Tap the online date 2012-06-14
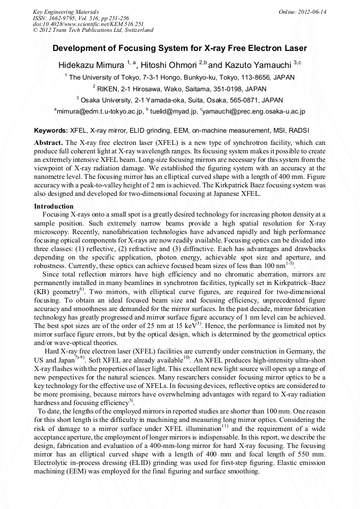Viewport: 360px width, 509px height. coord(303,11)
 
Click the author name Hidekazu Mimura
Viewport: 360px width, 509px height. coord(91,65)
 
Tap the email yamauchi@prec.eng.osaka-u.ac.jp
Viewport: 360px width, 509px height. coord(253,111)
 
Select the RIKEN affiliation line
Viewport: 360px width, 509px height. coord(179,89)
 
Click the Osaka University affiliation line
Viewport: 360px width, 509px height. coord(179,100)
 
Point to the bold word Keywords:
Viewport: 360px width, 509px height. coord(51,131)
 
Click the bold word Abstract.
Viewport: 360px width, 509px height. coord(48,143)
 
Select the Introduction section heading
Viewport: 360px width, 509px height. coord(54,206)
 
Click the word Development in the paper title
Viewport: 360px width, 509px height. coord(78,48)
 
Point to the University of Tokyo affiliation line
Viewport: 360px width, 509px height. coord(179,77)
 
